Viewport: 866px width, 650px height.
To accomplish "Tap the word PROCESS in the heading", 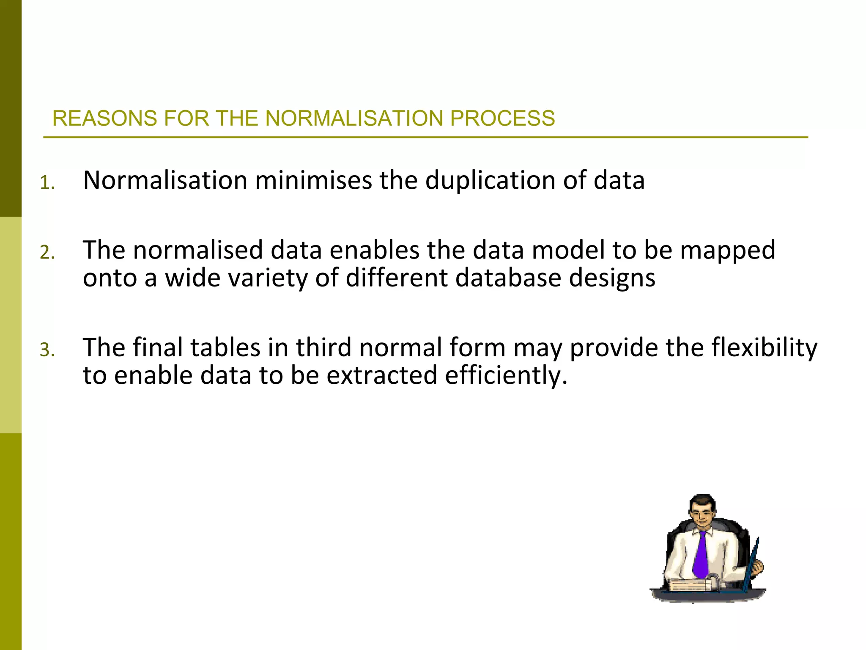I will pos(502,118).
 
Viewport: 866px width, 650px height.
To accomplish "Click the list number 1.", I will pos(47,183).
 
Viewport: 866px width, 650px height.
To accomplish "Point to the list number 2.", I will pos(47,253).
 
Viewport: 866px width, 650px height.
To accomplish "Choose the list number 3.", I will pos(47,350).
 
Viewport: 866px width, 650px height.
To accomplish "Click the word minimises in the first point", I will pos(314,180).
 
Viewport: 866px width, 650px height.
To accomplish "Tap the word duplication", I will pos(491,180).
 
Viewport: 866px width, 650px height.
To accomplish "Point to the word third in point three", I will pos(323,347).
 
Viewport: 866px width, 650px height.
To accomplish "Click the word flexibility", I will pos(764,347).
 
